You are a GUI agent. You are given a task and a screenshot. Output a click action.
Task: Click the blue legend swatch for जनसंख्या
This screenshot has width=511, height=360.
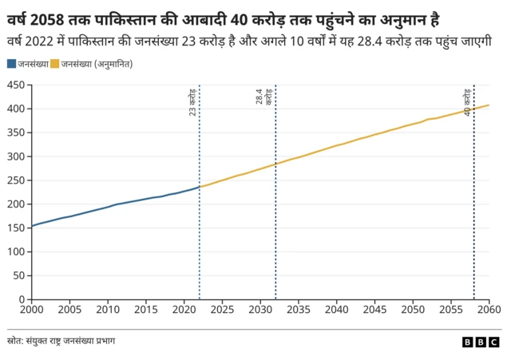(10, 62)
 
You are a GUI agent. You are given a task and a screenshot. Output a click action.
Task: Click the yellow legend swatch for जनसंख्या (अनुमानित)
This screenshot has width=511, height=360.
(54, 62)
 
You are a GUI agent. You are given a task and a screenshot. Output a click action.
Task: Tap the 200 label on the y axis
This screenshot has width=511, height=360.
(15, 204)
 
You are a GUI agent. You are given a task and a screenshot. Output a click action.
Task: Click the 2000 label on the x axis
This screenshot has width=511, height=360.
(32, 309)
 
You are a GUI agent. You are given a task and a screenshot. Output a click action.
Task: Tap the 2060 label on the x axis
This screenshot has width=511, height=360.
(489, 309)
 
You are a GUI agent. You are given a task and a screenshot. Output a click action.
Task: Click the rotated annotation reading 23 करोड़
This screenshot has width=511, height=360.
(193, 104)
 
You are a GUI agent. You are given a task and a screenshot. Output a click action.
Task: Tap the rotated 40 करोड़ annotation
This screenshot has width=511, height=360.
(468, 102)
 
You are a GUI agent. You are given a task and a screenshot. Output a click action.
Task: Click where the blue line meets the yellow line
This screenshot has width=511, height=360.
(199, 187)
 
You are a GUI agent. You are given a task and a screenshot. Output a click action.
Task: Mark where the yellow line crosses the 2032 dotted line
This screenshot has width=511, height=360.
(275, 164)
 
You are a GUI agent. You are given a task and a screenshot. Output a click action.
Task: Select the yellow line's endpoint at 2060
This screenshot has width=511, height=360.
(489, 105)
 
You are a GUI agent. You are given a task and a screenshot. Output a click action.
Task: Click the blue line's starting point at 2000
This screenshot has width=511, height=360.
(32, 226)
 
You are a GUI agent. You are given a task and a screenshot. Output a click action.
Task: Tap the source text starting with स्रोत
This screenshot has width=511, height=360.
(62, 341)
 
